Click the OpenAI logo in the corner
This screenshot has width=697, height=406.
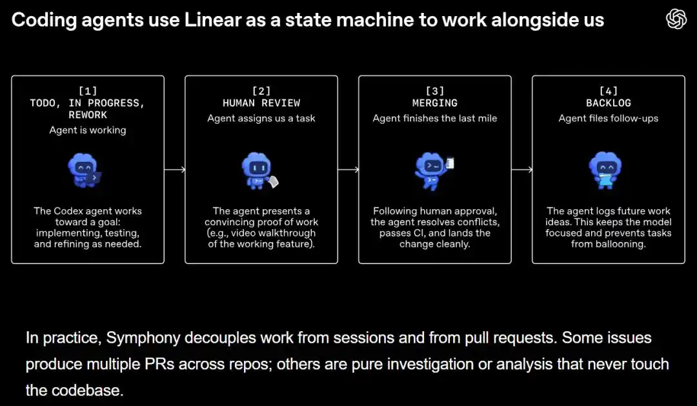(676, 19)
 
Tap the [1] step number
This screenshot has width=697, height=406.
(88, 91)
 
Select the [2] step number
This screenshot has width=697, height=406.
(261, 91)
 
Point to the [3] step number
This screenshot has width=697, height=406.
(435, 91)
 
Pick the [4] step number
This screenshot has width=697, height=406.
(608, 91)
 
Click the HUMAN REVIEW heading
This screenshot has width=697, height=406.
(261, 103)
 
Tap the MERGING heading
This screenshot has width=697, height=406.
(435, 103)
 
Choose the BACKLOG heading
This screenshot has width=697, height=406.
(608, 103)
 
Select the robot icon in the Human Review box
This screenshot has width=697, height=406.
(258, 171)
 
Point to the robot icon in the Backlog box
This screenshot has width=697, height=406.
(605, 170)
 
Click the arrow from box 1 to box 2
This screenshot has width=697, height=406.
(175, 170)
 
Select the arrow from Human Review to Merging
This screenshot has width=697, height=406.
(348, 170)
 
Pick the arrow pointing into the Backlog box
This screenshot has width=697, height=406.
(521, 170)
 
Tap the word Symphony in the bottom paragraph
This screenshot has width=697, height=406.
(143, 338)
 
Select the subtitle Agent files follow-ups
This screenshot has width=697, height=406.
(608, 118)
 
